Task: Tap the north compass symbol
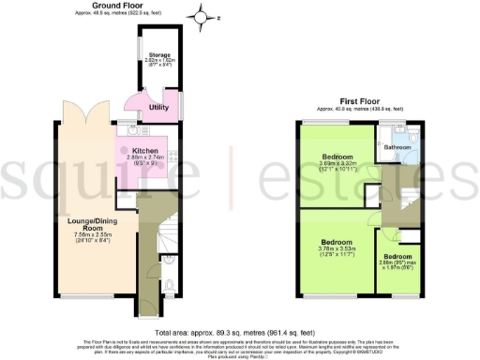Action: coord(198,15)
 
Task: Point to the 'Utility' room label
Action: coord(159,108)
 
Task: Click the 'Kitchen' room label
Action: coord(143,150)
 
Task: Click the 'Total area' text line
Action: coord(240,333)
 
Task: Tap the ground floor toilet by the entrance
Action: coord(167,287)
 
